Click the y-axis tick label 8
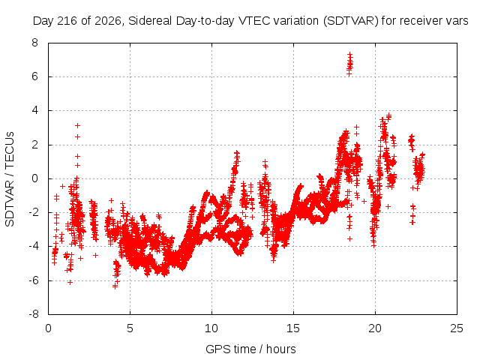pos(34,43)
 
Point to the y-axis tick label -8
pos(34,314)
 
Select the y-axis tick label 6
pos(34,76)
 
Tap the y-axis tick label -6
pos(34,280)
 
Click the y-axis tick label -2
pos(34,212)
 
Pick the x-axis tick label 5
pos(130,328)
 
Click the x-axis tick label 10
pos(211,328)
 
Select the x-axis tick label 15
pos(293,328)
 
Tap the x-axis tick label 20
pos(375,328)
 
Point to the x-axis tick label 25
pos(457,328)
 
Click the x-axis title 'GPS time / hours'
pos(250,349)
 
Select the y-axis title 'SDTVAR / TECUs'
pos(10,179)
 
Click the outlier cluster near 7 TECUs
pos(349,64)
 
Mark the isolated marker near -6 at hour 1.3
pos(70,282)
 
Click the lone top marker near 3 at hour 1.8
pos(77,125)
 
